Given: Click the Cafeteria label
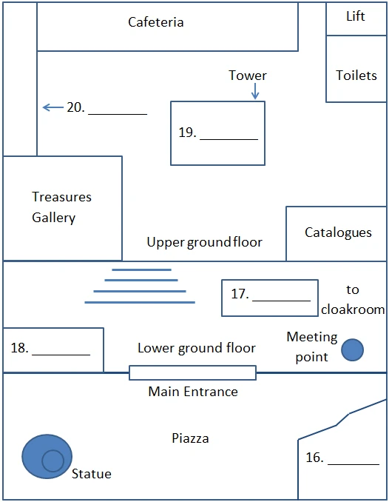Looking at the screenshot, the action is tap(156, 22).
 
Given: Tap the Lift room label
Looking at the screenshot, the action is tap(356, 16).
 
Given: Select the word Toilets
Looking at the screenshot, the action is tap(356, 76).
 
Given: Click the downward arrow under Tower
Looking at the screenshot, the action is tap(255, 91).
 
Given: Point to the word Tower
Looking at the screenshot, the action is tap(248, 76).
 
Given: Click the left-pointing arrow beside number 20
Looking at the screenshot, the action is tap(53, 107).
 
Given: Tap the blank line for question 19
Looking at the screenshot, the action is tap(229, 140).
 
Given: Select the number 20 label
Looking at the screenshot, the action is tap(75, 107).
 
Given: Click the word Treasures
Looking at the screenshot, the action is tap(61, 196).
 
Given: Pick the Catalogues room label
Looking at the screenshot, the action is tap(338, 232).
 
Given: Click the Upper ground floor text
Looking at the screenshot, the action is tap(204, 242).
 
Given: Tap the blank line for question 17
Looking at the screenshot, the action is tap(282, 301).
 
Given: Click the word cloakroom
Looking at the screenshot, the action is tap(353, 309).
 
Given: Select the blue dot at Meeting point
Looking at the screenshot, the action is tap(352, 350).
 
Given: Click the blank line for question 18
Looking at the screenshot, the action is tap(61, 355).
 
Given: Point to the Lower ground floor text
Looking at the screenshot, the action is tap(197, 348).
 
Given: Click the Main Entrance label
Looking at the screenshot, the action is tap(193, 392).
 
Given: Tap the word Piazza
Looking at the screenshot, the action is tap(190, 438).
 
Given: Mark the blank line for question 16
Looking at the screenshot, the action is tap(354, 464).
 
